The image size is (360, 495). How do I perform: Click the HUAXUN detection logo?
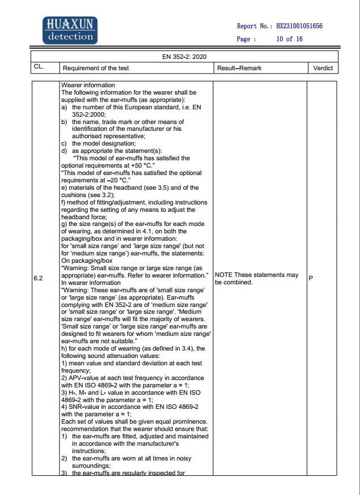[x=70, y=31]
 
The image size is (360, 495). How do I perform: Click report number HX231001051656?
[x=299, y=26]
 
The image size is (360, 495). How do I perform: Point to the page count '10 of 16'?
[x=289, y=39]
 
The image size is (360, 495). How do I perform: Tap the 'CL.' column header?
[x=38, y=68]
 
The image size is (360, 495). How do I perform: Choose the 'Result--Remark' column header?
[x=239, y=68]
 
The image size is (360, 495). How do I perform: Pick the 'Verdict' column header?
[x=323, y=68]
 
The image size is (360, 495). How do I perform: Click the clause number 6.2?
[x=38, y=278]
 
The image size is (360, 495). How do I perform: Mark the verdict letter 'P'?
[x=311, y=278]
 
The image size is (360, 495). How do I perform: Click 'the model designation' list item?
[x=103, y=144]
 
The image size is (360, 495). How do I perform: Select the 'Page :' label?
[x=246, y=39]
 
